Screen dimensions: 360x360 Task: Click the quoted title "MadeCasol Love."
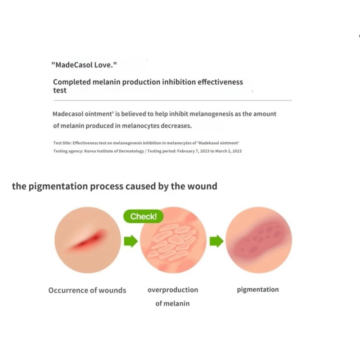point(85,65)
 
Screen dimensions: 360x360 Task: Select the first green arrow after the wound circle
point(130,242)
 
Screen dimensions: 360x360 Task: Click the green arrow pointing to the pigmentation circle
point(216,242)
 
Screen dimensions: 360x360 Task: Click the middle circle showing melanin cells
point(173,242)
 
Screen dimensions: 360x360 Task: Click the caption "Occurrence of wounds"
point(87,290)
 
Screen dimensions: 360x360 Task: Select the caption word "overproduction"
point(173,290)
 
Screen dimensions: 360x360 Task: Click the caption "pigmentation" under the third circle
point(258,289)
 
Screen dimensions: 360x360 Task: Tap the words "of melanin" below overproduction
point(172,303)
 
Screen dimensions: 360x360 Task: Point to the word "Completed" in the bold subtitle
point(71,82)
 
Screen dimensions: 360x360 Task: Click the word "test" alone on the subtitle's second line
point(60,90)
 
